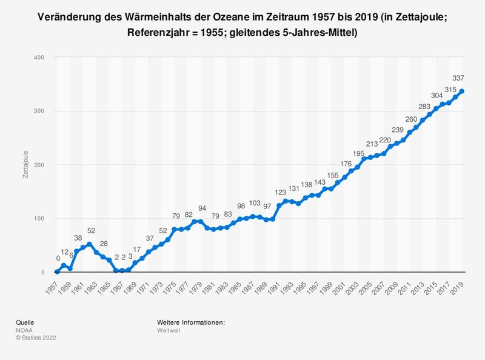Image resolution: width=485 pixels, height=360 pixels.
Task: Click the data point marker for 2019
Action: click(x=463, y=92)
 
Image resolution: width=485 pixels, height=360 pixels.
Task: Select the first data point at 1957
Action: click(x=56, y=272)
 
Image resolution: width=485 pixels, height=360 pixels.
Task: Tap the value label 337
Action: click(x=459, y=78)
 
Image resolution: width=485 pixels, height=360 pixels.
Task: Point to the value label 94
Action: click(x=202, y=209)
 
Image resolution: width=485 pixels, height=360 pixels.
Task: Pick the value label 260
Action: click(x=410, y=119)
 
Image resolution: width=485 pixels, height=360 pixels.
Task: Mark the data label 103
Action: click(x=255, y=204)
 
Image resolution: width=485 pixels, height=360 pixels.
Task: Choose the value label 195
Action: click(x=358, y=154)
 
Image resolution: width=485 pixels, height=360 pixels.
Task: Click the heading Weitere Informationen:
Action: click(x=190, y=322)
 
